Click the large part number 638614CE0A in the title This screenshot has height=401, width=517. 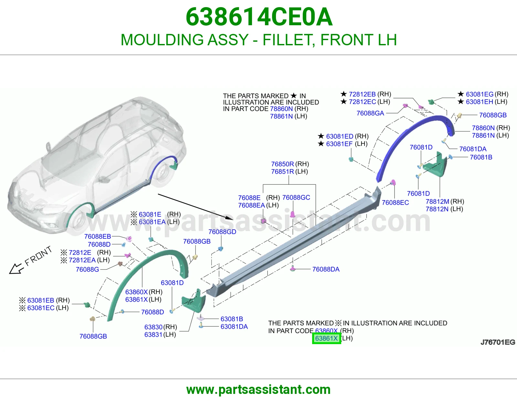coord(259,17)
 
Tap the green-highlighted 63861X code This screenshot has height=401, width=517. coord(326,338)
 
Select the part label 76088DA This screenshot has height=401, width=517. coord(326,269)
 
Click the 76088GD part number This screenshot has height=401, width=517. coord(222,232)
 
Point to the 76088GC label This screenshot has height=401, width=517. coord(296,198)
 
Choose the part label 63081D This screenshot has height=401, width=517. coord(172,283)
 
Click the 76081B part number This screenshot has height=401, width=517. coord(481,157)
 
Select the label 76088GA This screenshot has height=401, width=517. coord(370,113)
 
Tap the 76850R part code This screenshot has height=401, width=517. coord(283,164)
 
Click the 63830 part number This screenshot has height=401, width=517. coord(153,327)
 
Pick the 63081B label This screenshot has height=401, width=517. coord(232,319)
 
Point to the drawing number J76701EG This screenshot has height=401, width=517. coord(498,342)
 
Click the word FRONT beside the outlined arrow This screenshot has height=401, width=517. coord(38,256)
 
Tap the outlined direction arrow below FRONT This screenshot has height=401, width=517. coord(16,269)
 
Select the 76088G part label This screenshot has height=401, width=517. coord(87,270)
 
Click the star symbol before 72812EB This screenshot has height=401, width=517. coord(343,94)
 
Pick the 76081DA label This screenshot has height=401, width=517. coord(473,149)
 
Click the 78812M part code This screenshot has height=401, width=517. coord(438,202)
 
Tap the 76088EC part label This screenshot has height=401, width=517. coord(395,203)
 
